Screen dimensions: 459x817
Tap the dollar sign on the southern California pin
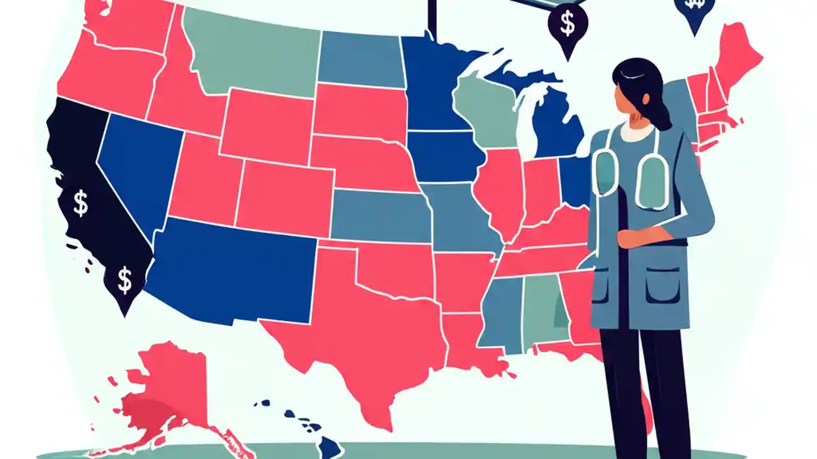[125, 279]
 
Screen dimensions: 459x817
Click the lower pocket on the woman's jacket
[662, 287]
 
